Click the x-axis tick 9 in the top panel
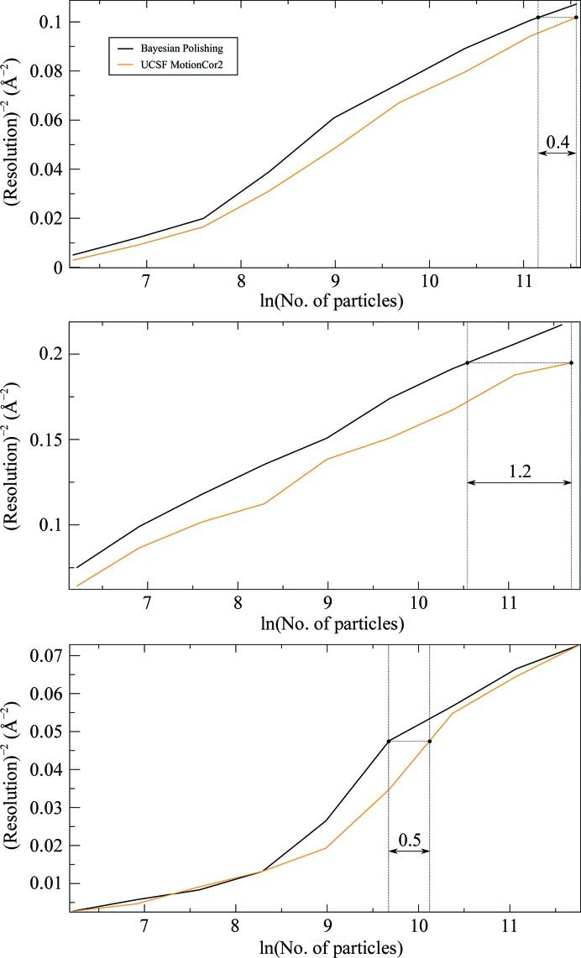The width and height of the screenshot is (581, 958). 334,280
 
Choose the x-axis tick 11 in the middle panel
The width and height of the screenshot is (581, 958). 508,602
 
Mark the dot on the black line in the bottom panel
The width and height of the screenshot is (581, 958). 389,741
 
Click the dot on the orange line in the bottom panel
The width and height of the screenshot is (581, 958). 430,741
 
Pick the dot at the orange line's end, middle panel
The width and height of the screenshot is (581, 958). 572,362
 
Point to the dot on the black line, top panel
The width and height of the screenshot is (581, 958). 538,18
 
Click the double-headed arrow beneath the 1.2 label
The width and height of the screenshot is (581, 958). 519,483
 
